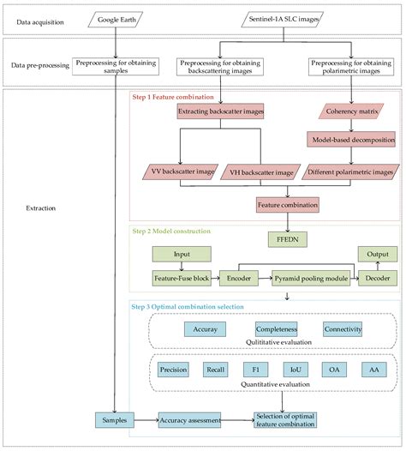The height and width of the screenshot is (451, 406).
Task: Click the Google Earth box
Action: [115, 17]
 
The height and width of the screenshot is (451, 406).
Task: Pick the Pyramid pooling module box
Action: [304, 279]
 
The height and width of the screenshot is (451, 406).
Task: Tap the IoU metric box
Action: [295, 370]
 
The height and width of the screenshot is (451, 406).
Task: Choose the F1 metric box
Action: [254, 370]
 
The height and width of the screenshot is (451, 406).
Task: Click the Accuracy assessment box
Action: [189, 419]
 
